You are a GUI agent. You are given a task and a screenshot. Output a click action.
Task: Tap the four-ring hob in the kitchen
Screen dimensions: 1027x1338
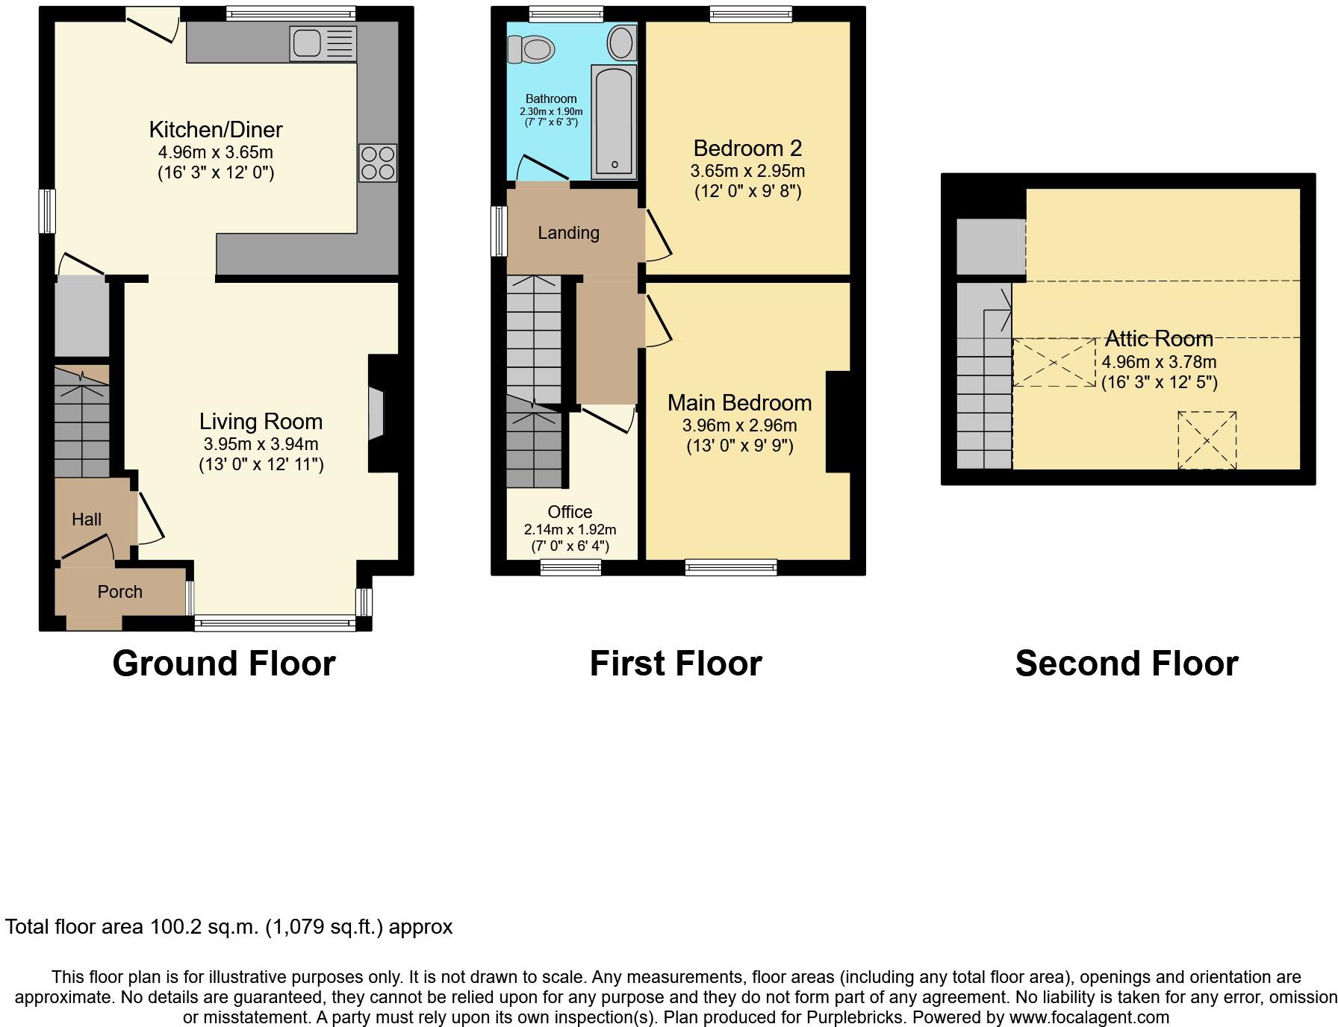pyautogui.click(x=377, y=163)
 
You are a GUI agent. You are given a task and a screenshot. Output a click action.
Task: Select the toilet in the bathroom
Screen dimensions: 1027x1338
pyautogui.click(x=532, y=50)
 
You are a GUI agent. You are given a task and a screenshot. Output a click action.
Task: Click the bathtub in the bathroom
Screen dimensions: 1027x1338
pyautogui.click(x=614, y=122)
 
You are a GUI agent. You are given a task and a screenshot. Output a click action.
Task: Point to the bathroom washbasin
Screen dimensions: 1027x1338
pyautogui.click(x=621, y=43)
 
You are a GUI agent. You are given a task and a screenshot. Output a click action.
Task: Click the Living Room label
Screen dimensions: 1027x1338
pyautogui.click(x=261, y=422)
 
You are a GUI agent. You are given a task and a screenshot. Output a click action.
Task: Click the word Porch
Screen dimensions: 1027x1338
pyautogui.click(x=119, y=592)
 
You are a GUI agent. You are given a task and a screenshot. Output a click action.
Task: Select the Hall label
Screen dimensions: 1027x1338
pyautogui.click(x=87, y=519)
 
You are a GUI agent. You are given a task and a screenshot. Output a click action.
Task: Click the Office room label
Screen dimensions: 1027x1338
pyautogui.click(x=570, y=512)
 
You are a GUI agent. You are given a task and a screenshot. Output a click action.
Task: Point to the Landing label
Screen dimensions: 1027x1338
pyautogui.click(x=568, y=233)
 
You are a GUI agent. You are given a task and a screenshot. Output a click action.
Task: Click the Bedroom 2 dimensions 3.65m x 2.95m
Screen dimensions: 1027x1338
pyautogui.click(x=747, y=171)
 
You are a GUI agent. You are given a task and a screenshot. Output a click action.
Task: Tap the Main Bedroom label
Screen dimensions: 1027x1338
pyautogui.click(x=739, y=403)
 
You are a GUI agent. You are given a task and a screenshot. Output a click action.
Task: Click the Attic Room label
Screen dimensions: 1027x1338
pyautogui.click(x=1159, y=339)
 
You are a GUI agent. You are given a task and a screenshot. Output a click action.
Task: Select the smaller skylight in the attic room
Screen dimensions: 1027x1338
pyautogui.click(x=1207, y=440)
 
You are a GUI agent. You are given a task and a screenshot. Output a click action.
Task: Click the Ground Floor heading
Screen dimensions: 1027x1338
pyautogui.click(x=224, y=664)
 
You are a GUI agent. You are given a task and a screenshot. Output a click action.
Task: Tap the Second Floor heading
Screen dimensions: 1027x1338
pyautogui.click(x=1126, y=664)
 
